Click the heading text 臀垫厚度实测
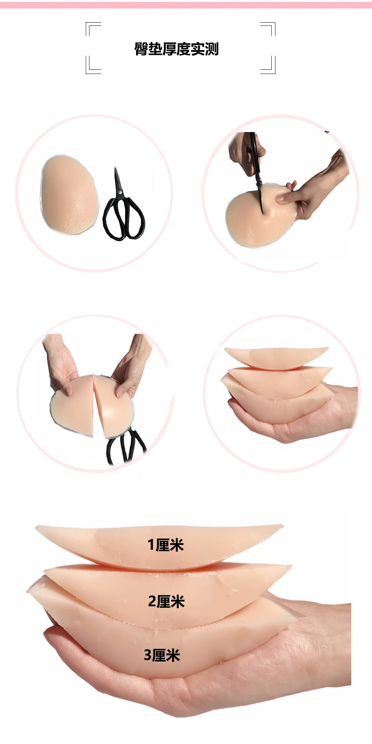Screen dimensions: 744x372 click(x=177, y=49)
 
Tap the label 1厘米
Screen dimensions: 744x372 click(x=165, y=545)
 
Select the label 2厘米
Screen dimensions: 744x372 click(x=166, y=601)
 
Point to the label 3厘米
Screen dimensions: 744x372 click(x=162, y=655)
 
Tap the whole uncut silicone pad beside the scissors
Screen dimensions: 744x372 click(x=69, y=195)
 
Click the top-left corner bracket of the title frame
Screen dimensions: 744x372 click(x=93, y=29)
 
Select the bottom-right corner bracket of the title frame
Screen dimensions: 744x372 click(x=268, y=66)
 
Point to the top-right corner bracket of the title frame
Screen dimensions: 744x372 click(x=268, y=29)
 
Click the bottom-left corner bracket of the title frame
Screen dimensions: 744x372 click(x=93, y=66)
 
